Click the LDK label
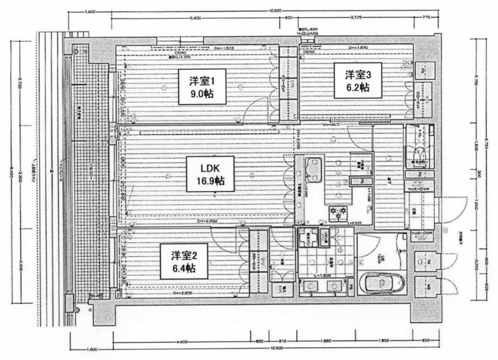coord(207,168)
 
